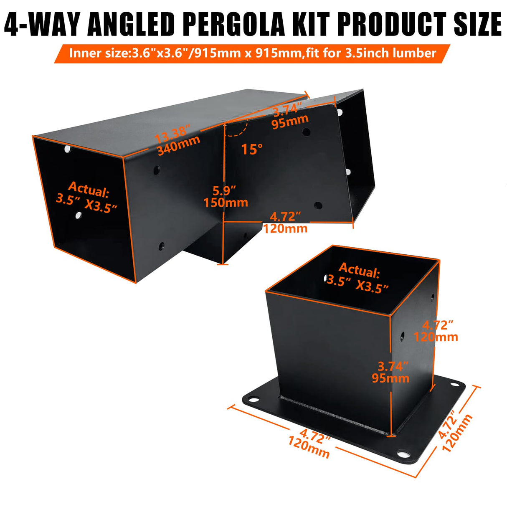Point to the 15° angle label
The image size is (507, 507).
[252, 149]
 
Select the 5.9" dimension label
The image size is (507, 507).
[224, 190]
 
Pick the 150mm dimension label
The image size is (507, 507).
[226, 203]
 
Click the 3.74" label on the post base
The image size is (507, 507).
[393, 366]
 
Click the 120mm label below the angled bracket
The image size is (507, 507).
[285, 228]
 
